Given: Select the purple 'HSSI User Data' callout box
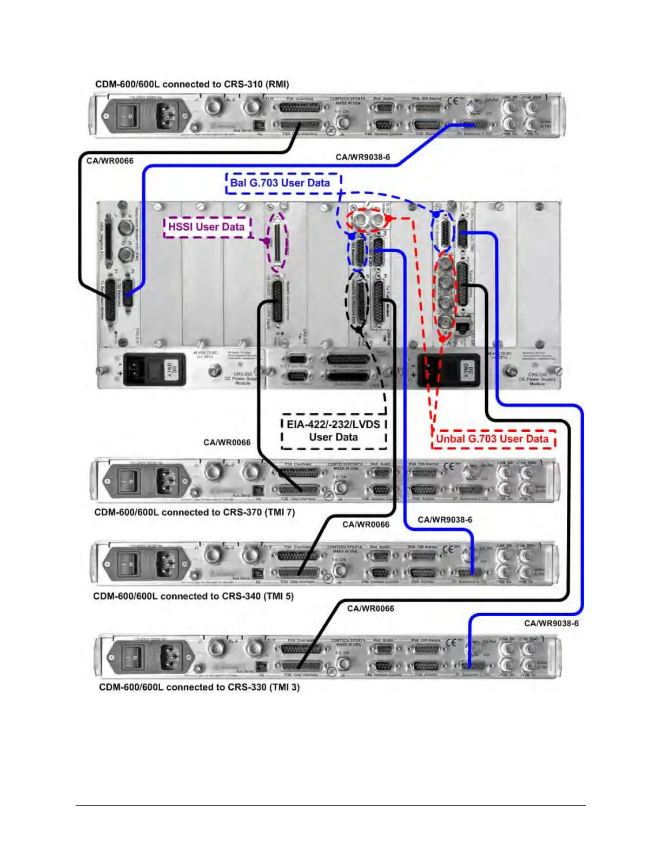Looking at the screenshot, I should click(x=207, y=227).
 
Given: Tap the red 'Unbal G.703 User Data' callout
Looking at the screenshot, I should click(x=493, y=439).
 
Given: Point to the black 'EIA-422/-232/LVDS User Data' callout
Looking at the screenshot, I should click(x=334, y=431).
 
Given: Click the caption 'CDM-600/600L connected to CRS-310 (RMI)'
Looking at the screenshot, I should click(x=192, y=84).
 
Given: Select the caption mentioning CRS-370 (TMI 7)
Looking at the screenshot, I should click(x=194, y=512).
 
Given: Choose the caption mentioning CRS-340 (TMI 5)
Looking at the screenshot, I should click(x=193, y=596).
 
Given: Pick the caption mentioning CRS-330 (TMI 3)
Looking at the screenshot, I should click(x=199, y=687).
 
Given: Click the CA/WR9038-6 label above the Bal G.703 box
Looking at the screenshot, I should click(x=362, y=157).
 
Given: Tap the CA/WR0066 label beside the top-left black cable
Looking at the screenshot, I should click(x=110, y=161).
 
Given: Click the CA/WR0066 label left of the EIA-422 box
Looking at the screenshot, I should click(x=227, y=443).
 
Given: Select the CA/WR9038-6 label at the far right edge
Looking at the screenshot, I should click(x=551, y=623).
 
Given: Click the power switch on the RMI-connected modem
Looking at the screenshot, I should click(x=129, y=115).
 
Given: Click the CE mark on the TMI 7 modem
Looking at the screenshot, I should click(x=449, y=466).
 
